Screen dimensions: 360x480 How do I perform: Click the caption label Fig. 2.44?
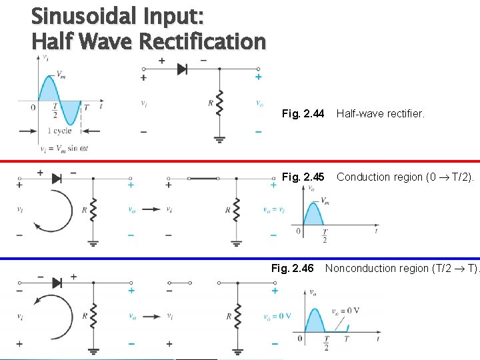point(303,114)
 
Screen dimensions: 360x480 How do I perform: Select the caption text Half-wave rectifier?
point(380,114)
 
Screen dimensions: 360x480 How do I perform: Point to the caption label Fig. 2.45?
point(303,177)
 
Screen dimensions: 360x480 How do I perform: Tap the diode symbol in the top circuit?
point(182,69)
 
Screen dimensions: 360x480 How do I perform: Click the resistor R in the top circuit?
point(219,103)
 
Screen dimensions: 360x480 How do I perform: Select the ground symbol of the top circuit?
point(219,139)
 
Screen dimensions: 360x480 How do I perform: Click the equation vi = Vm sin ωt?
point(64,148)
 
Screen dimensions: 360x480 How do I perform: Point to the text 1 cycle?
point(59,131)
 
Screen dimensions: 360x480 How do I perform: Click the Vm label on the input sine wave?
point(61,74)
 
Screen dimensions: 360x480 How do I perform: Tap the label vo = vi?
point(274,210)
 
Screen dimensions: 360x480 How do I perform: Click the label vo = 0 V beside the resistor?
point(276,316)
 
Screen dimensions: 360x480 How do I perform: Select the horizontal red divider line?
point(240,161)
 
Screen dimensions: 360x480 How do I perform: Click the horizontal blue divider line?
point(240,258)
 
